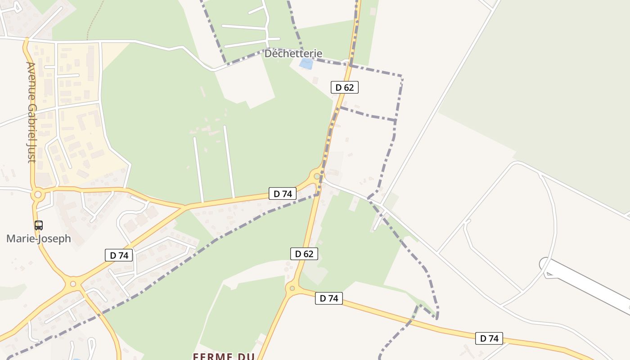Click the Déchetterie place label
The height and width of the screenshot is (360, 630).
(x=293, y=54)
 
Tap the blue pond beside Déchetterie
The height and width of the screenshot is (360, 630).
(x=306, y=64)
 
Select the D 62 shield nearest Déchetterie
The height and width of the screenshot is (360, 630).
(x=345, y=87)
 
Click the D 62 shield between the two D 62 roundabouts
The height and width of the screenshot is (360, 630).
(x=304, y=254)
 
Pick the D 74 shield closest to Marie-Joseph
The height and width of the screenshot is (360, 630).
(x=119, y=255)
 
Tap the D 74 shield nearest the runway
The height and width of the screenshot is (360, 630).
(x=489, y=338)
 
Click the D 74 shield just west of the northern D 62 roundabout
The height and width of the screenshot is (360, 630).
(x=283, y=193)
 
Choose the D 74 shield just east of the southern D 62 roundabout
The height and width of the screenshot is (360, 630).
(x=328, y=298)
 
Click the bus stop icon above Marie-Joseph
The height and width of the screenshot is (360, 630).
(x=39, y=225)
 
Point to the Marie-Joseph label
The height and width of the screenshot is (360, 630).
(x=39, y=238)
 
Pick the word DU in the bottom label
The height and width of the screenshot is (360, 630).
(x=245, y=356)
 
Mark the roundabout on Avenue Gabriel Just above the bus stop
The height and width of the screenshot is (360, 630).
(x=38, y=195)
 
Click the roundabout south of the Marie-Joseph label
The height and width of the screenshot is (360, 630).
(x=73, y=284)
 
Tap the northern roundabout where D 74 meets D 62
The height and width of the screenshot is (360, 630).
(x=317, y=176)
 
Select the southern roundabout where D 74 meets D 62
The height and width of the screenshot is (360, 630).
(x=292, y=288)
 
